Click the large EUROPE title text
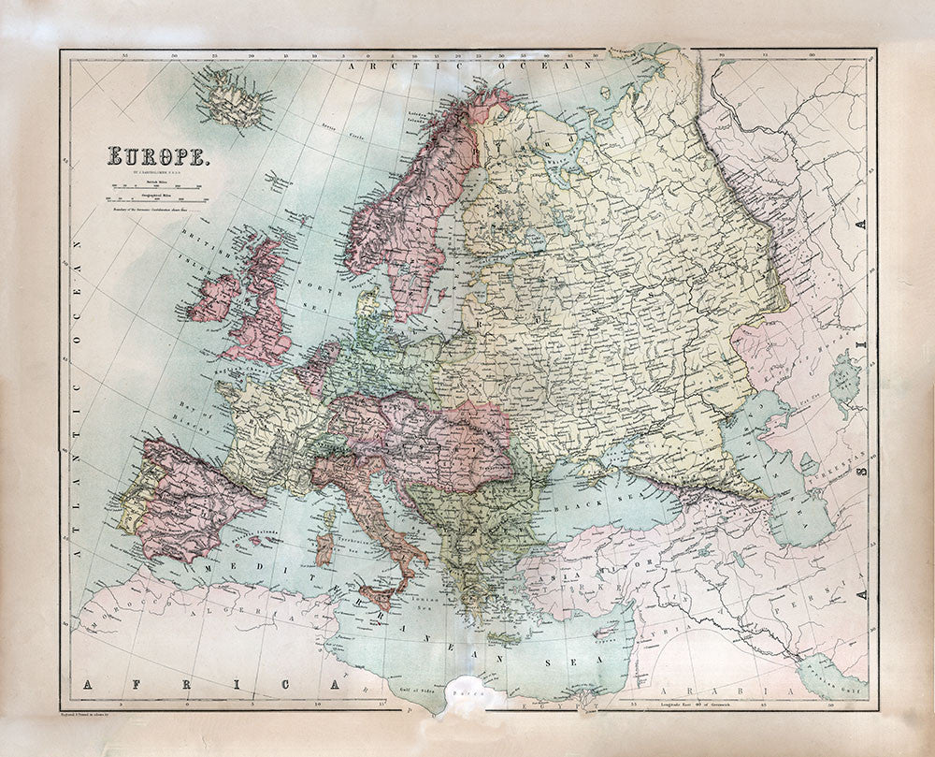(x=156, y=156)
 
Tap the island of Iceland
(x=233, y=99)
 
